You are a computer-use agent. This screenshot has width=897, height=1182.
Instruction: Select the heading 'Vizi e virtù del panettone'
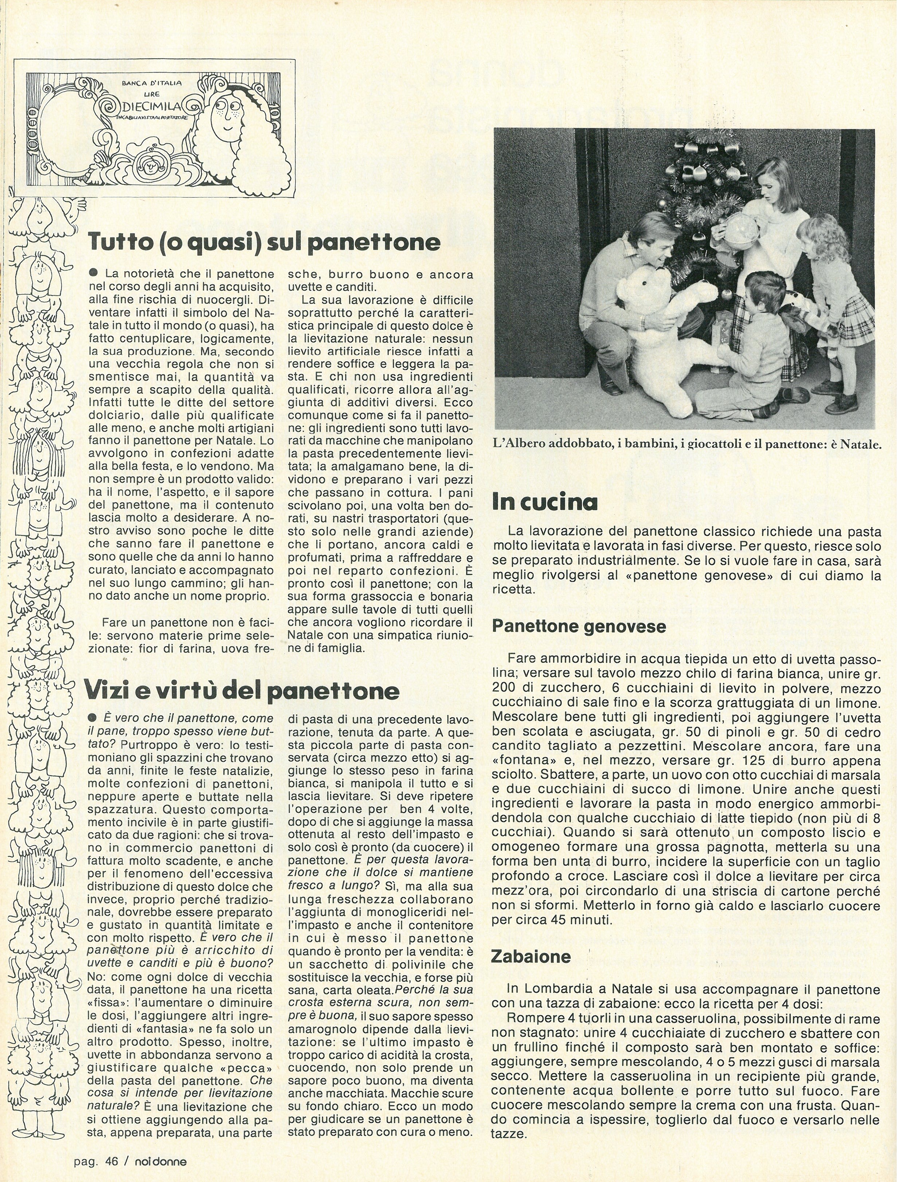coord(242,691)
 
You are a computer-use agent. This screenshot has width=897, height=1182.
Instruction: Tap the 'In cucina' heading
coord(545,503)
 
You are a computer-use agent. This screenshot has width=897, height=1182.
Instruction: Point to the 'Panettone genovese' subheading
coord(579,626)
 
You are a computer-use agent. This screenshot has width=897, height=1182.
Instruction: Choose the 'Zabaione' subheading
coord(531,957)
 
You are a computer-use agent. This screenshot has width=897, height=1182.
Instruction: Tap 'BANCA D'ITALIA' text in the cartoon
coord(152,84)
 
